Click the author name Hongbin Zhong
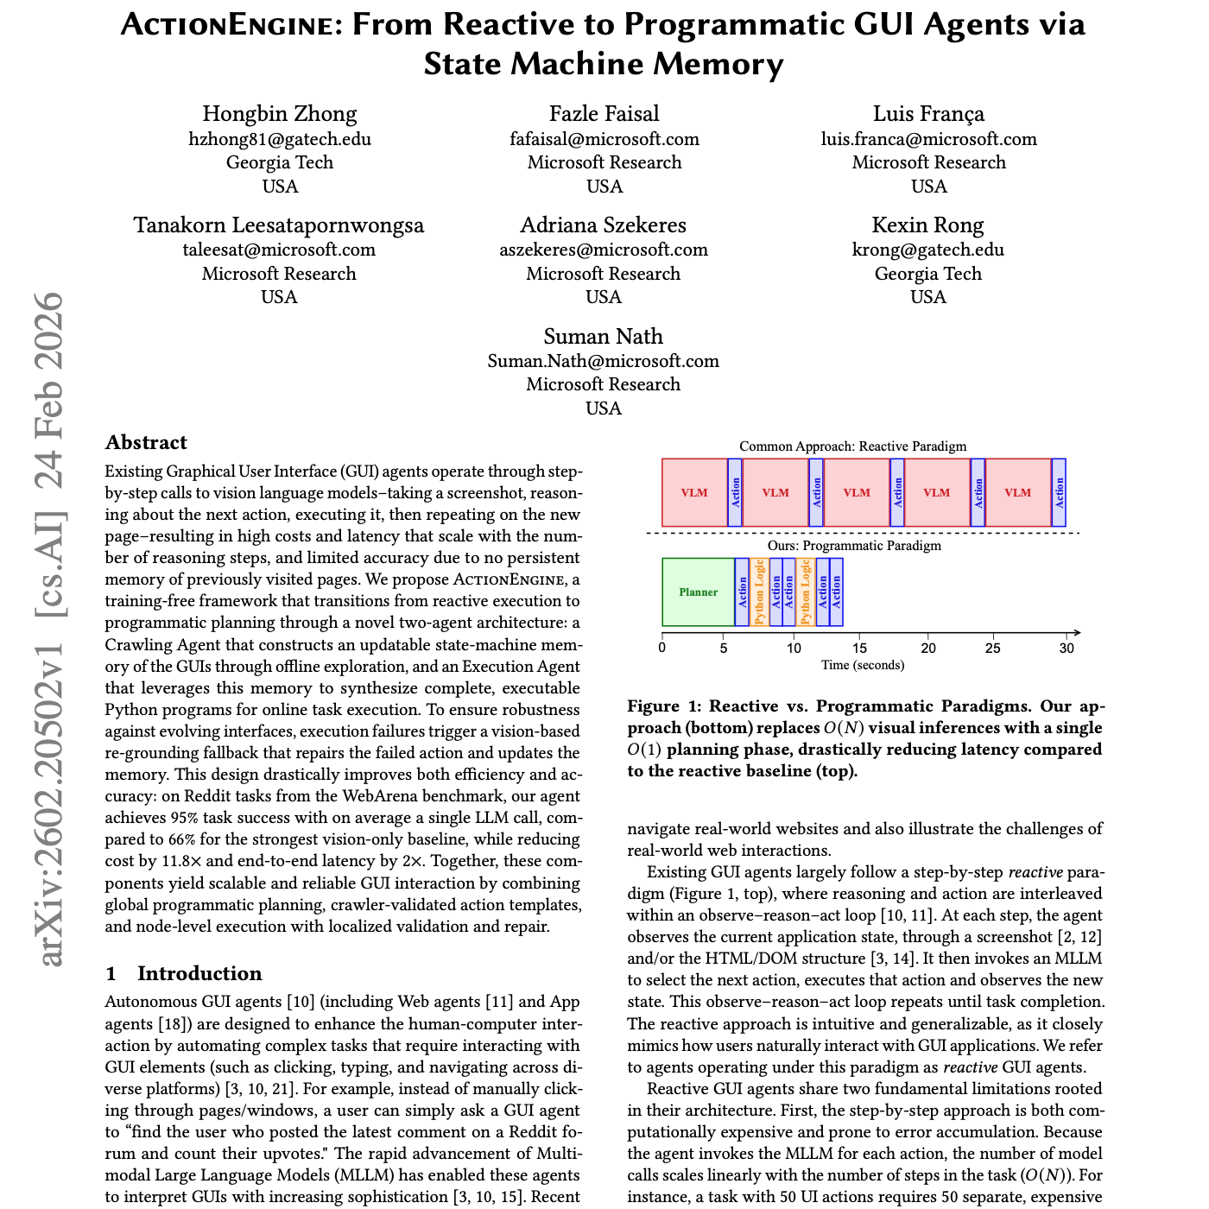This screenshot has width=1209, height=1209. tap(279, 114)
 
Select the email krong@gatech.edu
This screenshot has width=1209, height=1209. tap(928, 250)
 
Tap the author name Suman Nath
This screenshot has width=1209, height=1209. tap(603, 337)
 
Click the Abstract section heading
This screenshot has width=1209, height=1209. tap(146, 443)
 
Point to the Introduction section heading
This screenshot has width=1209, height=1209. tap(199, 974)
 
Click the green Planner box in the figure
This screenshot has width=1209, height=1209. tap(698, 592)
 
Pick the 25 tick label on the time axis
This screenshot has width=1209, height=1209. tap(993, 649)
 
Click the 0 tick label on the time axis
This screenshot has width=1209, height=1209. tap(662, 649)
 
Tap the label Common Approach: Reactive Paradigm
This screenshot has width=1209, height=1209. tap(852, 446)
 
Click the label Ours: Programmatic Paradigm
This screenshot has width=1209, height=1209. tap(854, 546)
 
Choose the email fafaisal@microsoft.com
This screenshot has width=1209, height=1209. tap(604, 139)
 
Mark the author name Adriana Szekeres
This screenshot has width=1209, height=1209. tap(603, 225)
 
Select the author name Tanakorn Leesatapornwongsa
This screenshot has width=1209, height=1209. tap(279, 225)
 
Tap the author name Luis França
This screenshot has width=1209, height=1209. tap(928, 114)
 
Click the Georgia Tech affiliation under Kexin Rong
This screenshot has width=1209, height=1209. tap(928, 274)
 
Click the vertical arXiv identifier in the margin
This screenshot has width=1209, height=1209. tap(50, 630)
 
